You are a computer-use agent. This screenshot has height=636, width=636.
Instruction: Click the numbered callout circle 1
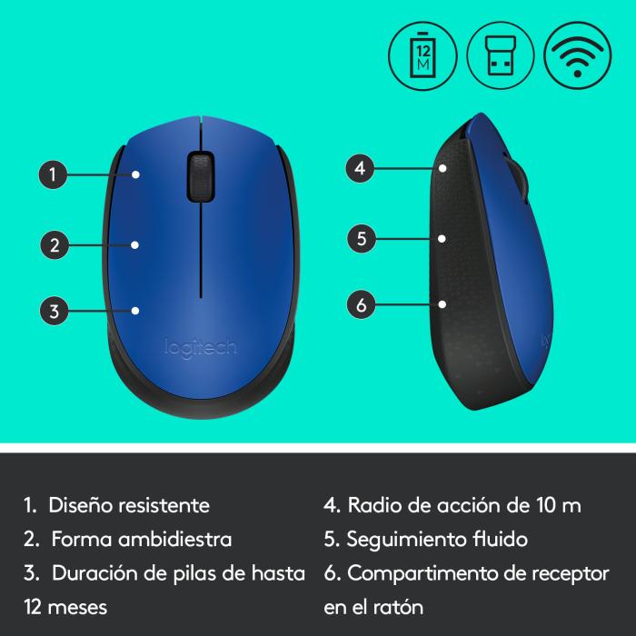pyautogui.click(x=55, y=174)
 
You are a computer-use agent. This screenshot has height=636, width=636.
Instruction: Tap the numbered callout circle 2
pyautogui.click(x=55, y=243)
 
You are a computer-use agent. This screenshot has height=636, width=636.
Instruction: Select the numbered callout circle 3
pyautogui.click(x=55, y=311)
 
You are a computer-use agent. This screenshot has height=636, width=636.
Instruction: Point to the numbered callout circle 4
pyautogui.click(x=361, y=168)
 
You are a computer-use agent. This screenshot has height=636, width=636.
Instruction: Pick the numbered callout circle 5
pyautogui.click(x=361, y=239)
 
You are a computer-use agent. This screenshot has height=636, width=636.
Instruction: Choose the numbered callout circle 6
pyautogui.click(x=361, y=305)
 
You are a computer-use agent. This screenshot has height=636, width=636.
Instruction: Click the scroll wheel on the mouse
pyautogui.click(x=197, y=174)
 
